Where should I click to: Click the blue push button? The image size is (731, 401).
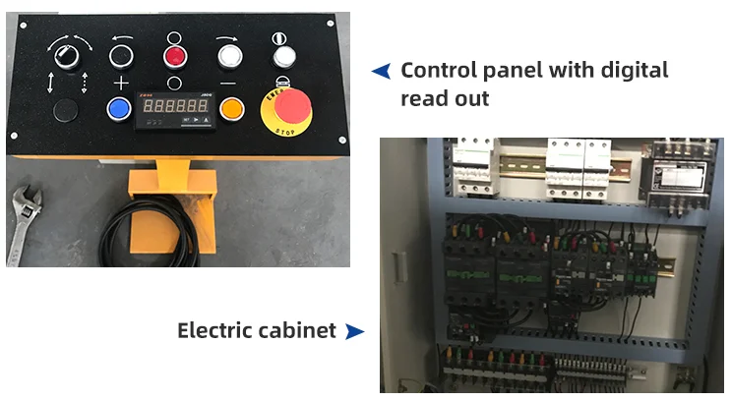120,108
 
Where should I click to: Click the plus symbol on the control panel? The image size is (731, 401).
120,82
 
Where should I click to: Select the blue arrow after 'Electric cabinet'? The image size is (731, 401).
354,331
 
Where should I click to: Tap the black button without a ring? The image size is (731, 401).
67,108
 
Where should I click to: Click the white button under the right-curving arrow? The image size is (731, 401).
229,55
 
